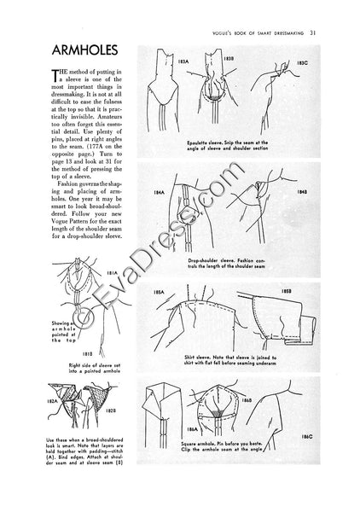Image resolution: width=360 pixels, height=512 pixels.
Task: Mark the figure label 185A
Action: tap(158, 293)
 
